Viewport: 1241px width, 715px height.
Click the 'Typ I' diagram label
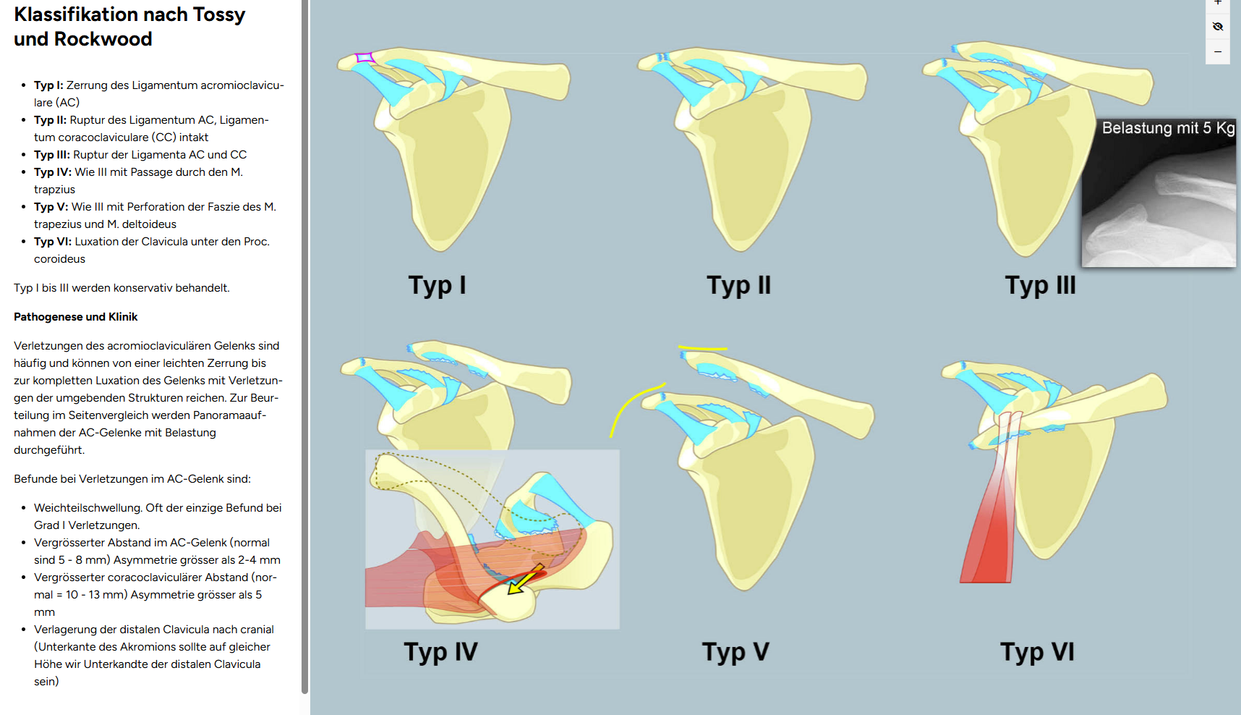click(437, 285)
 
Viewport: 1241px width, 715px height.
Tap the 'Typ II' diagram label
click(738, 285)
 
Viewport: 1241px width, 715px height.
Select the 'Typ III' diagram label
click(1040, 285)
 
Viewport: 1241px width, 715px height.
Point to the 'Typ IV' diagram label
click(440, 652)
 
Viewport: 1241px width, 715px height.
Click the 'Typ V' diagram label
click(735, 652)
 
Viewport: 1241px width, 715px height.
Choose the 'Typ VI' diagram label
click(1037, 652)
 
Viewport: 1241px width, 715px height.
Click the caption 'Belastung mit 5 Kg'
click(1167, 128)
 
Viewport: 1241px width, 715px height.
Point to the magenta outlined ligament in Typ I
click(365, 58)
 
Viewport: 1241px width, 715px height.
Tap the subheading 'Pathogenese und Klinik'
click(75, 317)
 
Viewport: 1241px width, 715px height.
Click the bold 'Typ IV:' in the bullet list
click(53, 172)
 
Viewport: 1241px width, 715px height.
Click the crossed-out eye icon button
click(1218, 27)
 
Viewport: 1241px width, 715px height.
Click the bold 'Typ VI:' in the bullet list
click(53, 242)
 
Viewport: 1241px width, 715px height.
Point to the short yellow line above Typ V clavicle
click(702, 349)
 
